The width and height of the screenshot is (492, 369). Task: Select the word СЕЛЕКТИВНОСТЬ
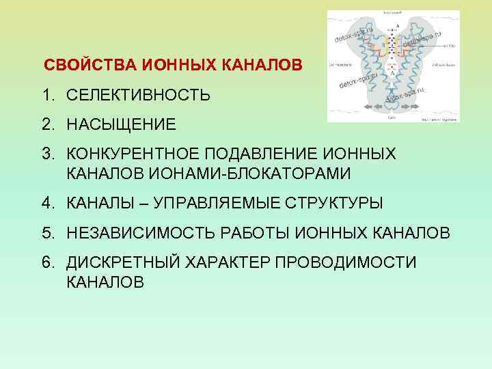point(138,95)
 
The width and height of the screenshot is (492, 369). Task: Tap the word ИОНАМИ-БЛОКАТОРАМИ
point(208,174)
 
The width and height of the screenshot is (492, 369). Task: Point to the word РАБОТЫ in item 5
point(268,232)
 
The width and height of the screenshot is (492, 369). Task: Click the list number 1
point(48,95)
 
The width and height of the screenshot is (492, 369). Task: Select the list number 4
point(48,203)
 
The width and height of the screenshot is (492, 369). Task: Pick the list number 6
point(48,263)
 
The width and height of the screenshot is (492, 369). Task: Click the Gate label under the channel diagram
point(392,118)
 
